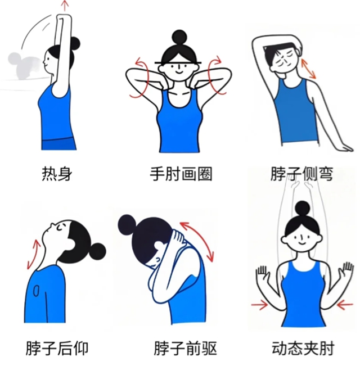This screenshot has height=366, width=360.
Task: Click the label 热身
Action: point(57,174)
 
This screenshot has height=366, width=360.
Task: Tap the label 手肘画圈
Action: point(181,174)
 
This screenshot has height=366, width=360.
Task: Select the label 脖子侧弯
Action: point(301,174)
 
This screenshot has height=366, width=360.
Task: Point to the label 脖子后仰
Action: point(57,348)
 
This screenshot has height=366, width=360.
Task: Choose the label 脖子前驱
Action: point(186,348)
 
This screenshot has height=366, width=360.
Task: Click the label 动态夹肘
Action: point(303,348)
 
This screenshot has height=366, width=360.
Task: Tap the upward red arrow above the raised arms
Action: point(65,6)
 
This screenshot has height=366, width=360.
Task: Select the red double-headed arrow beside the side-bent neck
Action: point(308,69)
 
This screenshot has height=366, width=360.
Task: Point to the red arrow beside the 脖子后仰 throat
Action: point(33,254)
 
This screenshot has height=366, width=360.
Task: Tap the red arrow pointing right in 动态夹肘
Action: point(259,304)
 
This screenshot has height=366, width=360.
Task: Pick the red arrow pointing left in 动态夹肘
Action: point(345,304)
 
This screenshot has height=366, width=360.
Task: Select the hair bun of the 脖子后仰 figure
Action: point(97,251)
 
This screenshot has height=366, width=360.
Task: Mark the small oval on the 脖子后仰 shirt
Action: point(36,291)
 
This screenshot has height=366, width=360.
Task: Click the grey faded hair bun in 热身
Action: point(13,59)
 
